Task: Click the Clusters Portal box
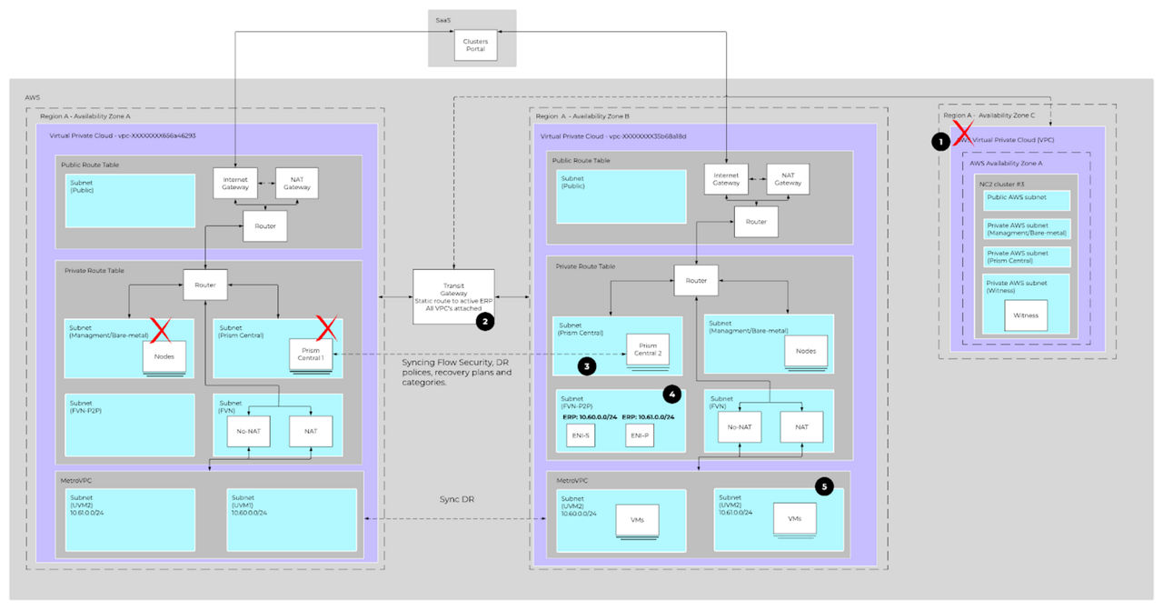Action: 475,45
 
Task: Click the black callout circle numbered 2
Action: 486,322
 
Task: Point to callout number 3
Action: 588,366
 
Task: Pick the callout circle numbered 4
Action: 671,394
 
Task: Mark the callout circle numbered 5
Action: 824,486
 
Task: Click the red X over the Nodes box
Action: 160,331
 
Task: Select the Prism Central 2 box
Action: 648,350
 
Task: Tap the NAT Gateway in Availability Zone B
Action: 788,180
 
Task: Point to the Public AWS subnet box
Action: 1026,201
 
